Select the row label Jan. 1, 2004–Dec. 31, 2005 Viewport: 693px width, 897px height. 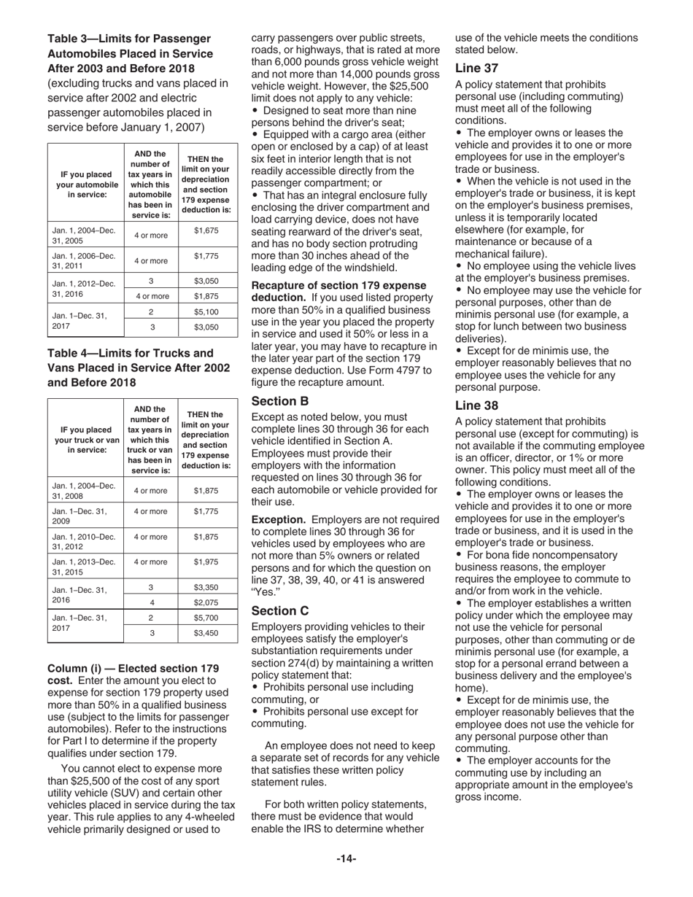coord(84,235)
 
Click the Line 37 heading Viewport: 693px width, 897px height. coord(476,69)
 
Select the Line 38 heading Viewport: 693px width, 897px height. coord(476,405)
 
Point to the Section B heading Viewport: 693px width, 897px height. coord(280,401)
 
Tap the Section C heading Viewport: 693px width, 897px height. coord(280,610)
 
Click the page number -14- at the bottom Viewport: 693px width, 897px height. coord(346,859)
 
